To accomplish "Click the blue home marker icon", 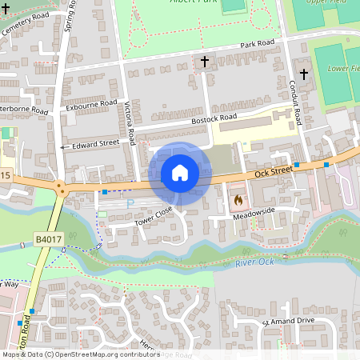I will coord(180,172).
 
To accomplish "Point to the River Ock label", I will coord(254,262).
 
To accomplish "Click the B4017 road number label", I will coord(47,238).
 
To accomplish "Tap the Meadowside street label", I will coord(254,210).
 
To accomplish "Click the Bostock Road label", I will coord(214,118).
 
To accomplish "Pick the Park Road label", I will coord(255,42).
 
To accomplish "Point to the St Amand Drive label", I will coord(287,322).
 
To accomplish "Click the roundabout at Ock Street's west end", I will coord(59,190).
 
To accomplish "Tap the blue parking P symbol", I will coord(130,204).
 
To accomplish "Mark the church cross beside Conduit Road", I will coord(305,62).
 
